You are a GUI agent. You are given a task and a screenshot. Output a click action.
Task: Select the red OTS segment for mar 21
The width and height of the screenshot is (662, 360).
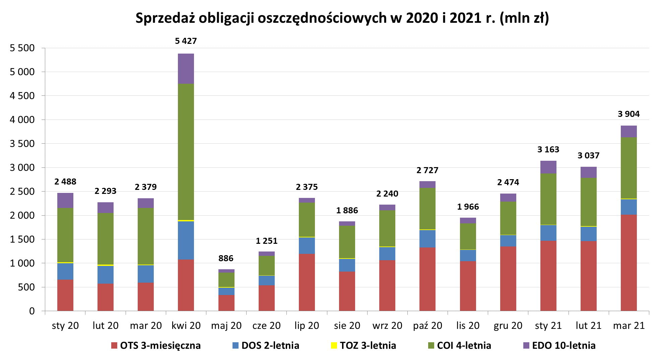click(x=628, y=263)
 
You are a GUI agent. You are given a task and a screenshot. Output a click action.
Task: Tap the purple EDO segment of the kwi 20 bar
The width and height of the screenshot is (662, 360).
click(x=186, y=69)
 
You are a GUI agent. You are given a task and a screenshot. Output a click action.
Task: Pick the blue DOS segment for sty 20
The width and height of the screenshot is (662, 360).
click(x=65, y=271)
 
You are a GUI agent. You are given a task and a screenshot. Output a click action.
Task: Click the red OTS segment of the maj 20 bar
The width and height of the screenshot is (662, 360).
click(x=226, y=303)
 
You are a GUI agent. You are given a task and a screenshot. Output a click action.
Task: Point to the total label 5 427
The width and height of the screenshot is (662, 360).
click(x=186, y=41)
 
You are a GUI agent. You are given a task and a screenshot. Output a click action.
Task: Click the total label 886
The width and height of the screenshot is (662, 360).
click(x=226, y=259)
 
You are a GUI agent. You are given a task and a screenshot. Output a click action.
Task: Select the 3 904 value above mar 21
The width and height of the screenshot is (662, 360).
click(x=628, y=114)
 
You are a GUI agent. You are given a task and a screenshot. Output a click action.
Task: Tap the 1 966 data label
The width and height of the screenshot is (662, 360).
click(x=468, y=207)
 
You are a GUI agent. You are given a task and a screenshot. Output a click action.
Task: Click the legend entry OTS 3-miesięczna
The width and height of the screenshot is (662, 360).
click(x=156, y=346)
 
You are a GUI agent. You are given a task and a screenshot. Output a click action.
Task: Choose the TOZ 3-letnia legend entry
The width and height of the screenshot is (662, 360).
click(x=363, y=346)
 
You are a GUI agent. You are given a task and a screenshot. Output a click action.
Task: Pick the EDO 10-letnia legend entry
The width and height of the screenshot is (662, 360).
click(x=559, y=346)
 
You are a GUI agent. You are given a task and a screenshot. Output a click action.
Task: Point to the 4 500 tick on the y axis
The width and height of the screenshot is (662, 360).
click(x=22, y=96)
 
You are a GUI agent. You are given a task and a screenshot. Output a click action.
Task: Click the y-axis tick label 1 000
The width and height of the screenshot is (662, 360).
click(x=22, y=263)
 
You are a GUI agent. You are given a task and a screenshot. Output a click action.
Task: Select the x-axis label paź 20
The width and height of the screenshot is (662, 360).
click(x=427, y=326)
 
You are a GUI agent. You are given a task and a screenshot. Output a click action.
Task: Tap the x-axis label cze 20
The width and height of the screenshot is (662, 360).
click(x=266, y=326)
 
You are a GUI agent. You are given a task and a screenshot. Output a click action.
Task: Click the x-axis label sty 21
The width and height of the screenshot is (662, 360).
click(x=548, y=326)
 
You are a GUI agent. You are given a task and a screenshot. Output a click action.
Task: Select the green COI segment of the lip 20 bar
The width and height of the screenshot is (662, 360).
click(x=307, y=220)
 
